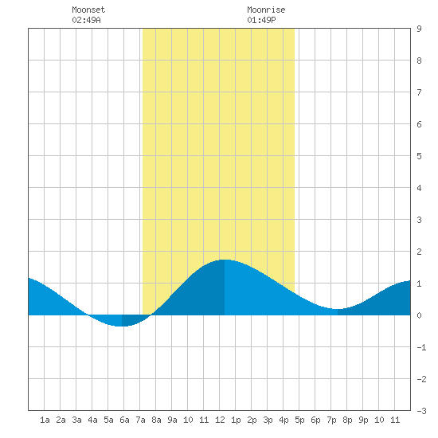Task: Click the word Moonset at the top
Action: tap(88, 10)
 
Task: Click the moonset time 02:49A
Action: tap(86, 20)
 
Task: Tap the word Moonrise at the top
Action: tap(266, 10)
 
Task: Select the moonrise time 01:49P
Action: tap(261, 20)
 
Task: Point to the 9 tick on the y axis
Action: tap(419, 29)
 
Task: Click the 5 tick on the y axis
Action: tap(419, 156)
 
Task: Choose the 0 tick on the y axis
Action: tap(419, 315)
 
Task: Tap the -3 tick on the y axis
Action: tap(421, 411)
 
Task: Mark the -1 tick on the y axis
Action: tap(421, 347)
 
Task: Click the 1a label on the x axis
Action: tap(45, 420)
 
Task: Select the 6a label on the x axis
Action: tap(124, 420)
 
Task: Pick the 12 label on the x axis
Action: tap(220, 420)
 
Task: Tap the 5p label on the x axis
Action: tap(299, 420)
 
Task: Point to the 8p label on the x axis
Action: tap(347, 420)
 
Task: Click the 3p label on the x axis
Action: tap(268, 420)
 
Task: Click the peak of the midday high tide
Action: tap(225, 260)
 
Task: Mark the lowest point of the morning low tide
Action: tap(121, 326)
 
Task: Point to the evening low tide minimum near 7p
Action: tap(338, 309)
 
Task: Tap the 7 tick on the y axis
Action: tap(419, 92)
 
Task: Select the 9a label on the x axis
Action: tap(172, 420)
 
